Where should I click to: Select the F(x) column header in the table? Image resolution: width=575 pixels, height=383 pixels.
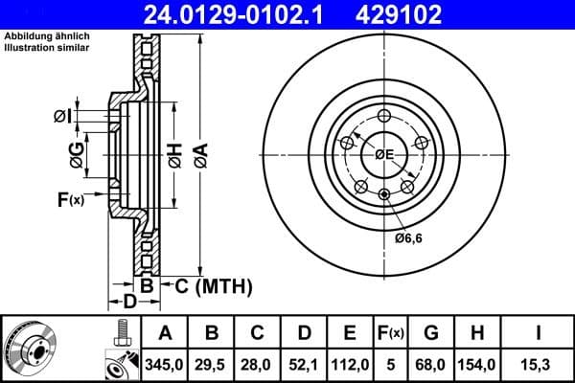[391, 333]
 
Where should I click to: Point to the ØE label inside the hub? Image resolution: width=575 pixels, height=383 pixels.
[384, 154]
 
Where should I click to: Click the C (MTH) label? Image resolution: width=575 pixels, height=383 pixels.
[212, 285]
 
